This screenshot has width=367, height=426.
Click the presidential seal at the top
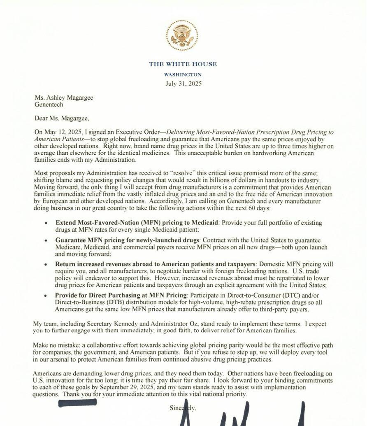pyautogui.click(x=182, y=36)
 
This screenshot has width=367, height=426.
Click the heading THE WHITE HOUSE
pyautogui.click(x=183, y=64)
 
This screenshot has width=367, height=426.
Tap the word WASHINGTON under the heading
pyautogui.click(x=183, y=75)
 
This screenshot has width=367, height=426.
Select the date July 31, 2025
pyautogui.click(x=183, y=84)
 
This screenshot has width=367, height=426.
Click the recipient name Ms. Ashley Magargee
pyautogui.click(x=64, y=98)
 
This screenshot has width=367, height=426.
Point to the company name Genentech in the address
pyautogui.click(x=49, y=105)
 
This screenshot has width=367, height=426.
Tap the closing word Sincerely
pyautogui.click(x=183, y=408)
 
